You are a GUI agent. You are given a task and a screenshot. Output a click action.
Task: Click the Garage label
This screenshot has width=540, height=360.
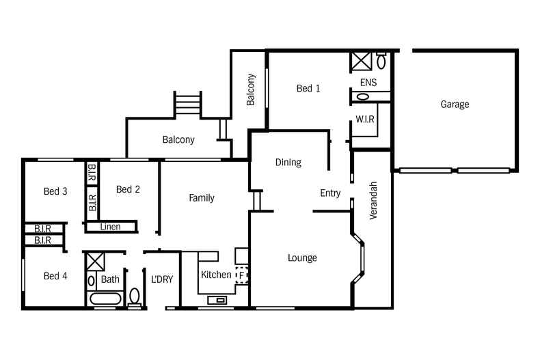[455, 105]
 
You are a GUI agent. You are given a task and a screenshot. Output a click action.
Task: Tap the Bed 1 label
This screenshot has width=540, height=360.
[308, 88]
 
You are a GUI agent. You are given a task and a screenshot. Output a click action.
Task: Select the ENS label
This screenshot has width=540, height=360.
[368, 83]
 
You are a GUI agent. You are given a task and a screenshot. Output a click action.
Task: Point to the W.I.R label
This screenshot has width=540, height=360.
[365, 120]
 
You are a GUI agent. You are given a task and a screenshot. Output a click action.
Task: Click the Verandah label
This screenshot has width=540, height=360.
[373, 200]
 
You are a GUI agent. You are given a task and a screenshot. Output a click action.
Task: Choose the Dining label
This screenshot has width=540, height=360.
[288, 163]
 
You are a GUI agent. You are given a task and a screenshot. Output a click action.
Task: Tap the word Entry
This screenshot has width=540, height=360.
[330, 193]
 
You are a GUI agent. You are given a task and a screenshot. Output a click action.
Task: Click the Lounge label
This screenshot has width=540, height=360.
[302, 258]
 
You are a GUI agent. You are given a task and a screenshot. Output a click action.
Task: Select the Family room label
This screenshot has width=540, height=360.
[202, 198]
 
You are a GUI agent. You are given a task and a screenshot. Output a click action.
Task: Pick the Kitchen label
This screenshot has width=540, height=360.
[216, 275]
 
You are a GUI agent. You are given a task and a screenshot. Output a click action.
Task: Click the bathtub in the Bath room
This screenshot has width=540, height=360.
[105, 299]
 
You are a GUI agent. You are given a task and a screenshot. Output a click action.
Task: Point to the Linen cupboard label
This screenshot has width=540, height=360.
[111, 226]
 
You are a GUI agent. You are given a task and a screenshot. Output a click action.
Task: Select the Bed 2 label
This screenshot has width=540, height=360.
[128, 189]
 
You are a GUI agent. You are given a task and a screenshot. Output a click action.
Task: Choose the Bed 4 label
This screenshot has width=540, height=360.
[55, 276]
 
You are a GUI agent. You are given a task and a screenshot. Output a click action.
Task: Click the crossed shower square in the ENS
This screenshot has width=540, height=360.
[360, 61]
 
